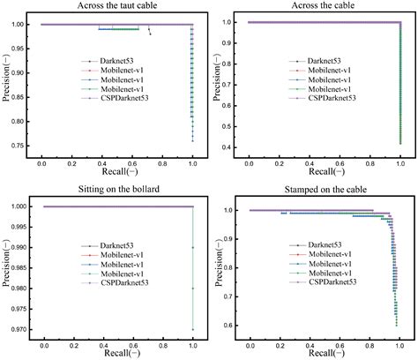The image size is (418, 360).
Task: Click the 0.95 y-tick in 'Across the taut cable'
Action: point(20,49)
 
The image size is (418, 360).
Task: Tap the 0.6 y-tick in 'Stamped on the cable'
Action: point(231,326)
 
